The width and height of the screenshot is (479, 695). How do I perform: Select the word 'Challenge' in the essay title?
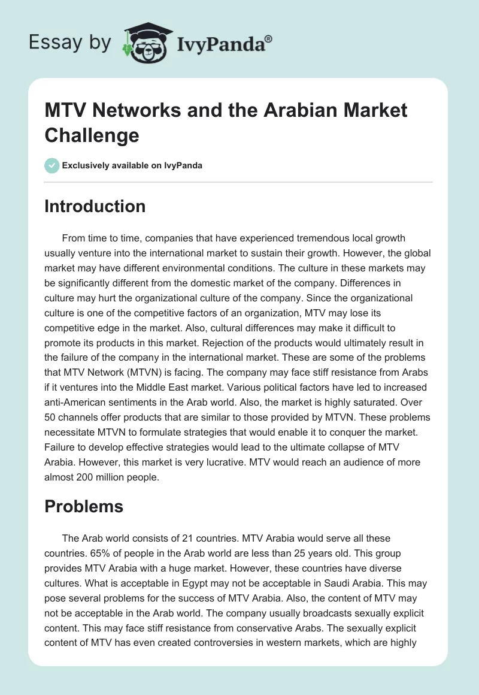[92, 135]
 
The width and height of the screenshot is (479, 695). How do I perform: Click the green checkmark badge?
[51, 165]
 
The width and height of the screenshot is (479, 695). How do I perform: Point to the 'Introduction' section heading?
[95, 206]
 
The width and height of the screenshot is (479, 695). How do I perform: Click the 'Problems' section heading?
[84, 506]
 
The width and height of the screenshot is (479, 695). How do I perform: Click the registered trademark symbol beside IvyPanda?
[269, 38]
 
